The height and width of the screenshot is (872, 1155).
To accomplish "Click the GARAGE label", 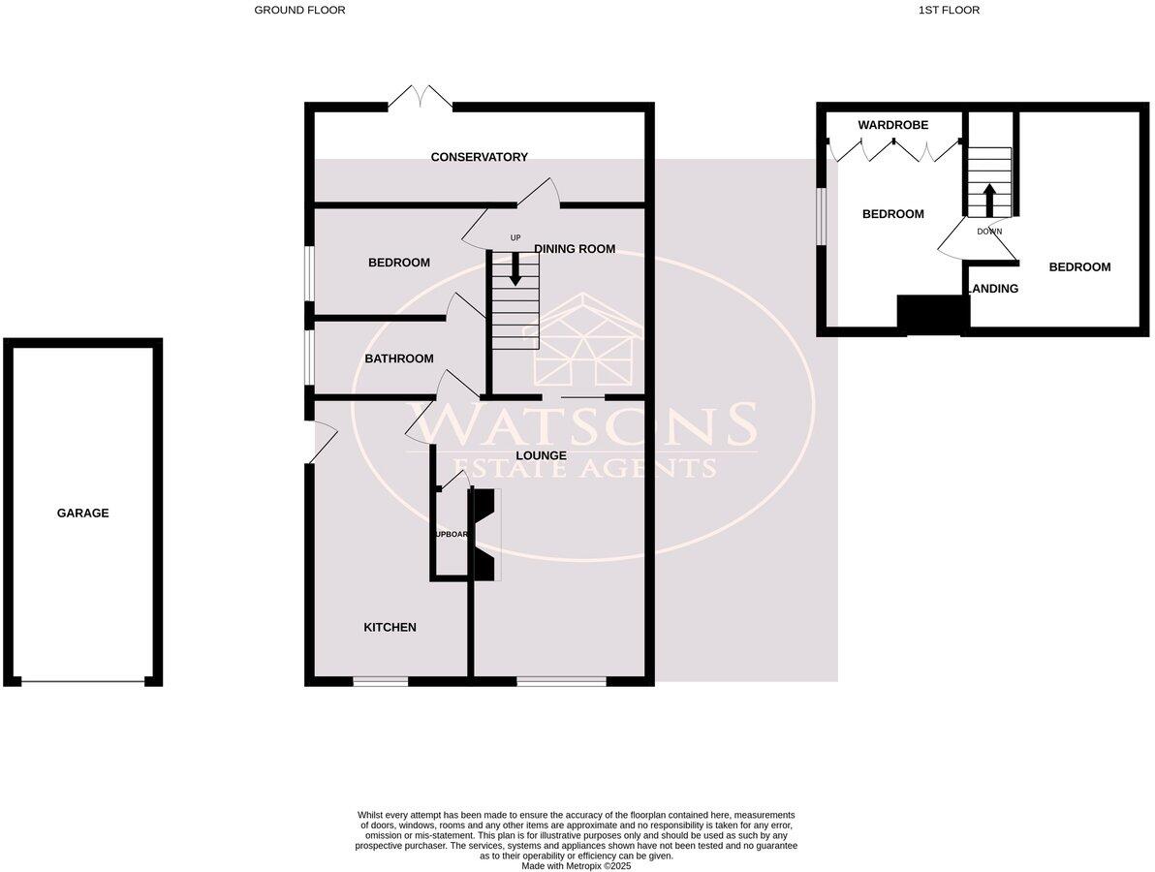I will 82,514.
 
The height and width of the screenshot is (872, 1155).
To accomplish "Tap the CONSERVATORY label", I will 479,157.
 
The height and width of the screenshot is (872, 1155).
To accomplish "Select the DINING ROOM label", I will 575,249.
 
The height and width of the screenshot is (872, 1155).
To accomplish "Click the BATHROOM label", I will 398,358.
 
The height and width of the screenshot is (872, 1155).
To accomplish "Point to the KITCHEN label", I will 390,628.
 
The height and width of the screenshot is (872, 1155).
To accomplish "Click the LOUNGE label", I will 541,455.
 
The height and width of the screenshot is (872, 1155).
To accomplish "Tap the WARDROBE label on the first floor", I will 892,125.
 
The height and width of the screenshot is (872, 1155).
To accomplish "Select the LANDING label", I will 994,289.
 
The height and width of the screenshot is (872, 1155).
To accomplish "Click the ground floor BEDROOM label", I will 398,263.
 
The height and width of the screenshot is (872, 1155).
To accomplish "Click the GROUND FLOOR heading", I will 299,11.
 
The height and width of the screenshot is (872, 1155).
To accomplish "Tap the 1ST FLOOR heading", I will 949,11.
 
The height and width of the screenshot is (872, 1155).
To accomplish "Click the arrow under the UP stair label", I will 515,267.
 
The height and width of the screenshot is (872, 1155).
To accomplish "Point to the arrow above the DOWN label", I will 989,202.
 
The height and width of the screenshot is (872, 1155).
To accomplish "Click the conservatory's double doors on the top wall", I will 421,97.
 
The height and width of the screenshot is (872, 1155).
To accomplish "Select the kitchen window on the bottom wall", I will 380,681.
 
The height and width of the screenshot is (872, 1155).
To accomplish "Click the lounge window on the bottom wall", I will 561,681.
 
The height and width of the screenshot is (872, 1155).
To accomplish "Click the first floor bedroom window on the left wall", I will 822,215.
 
